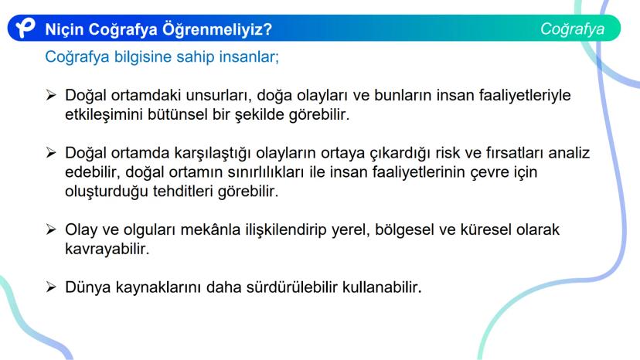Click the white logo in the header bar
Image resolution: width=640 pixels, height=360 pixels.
26,28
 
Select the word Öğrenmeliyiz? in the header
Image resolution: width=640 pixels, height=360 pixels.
217,29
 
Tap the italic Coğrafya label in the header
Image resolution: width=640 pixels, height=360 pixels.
572,29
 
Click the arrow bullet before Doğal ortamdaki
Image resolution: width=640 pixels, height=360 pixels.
51,95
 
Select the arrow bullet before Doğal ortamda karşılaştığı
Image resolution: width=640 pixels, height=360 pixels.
51,153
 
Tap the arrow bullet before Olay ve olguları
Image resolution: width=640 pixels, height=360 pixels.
51,229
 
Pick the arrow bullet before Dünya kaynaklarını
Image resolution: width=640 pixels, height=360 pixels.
51,287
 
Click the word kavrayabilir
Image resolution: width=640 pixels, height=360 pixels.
107,249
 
